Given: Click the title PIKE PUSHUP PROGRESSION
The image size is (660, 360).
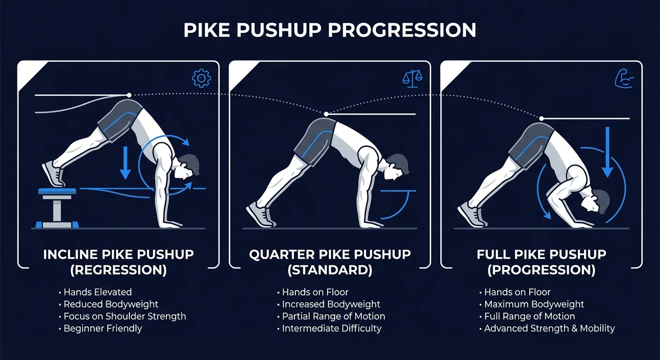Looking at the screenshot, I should click(330, 30).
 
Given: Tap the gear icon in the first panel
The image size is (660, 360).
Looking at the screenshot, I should click(202, 78).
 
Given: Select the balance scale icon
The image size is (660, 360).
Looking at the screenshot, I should click(412, 79).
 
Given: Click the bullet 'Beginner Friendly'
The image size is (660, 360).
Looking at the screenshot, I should click(103, 328).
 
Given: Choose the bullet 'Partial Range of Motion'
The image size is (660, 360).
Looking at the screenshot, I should click(333, 316).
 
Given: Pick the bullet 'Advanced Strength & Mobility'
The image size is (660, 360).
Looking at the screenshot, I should click(549, 328).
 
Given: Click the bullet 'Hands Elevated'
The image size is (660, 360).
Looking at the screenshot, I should click(97, 292).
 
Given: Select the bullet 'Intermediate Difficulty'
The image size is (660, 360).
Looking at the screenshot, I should click(331, 328).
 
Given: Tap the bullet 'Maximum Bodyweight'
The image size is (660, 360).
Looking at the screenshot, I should click(534, 304).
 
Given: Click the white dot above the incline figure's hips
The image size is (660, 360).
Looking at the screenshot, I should click(129, 95).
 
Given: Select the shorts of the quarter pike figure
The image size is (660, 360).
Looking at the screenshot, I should click(315, 138).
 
